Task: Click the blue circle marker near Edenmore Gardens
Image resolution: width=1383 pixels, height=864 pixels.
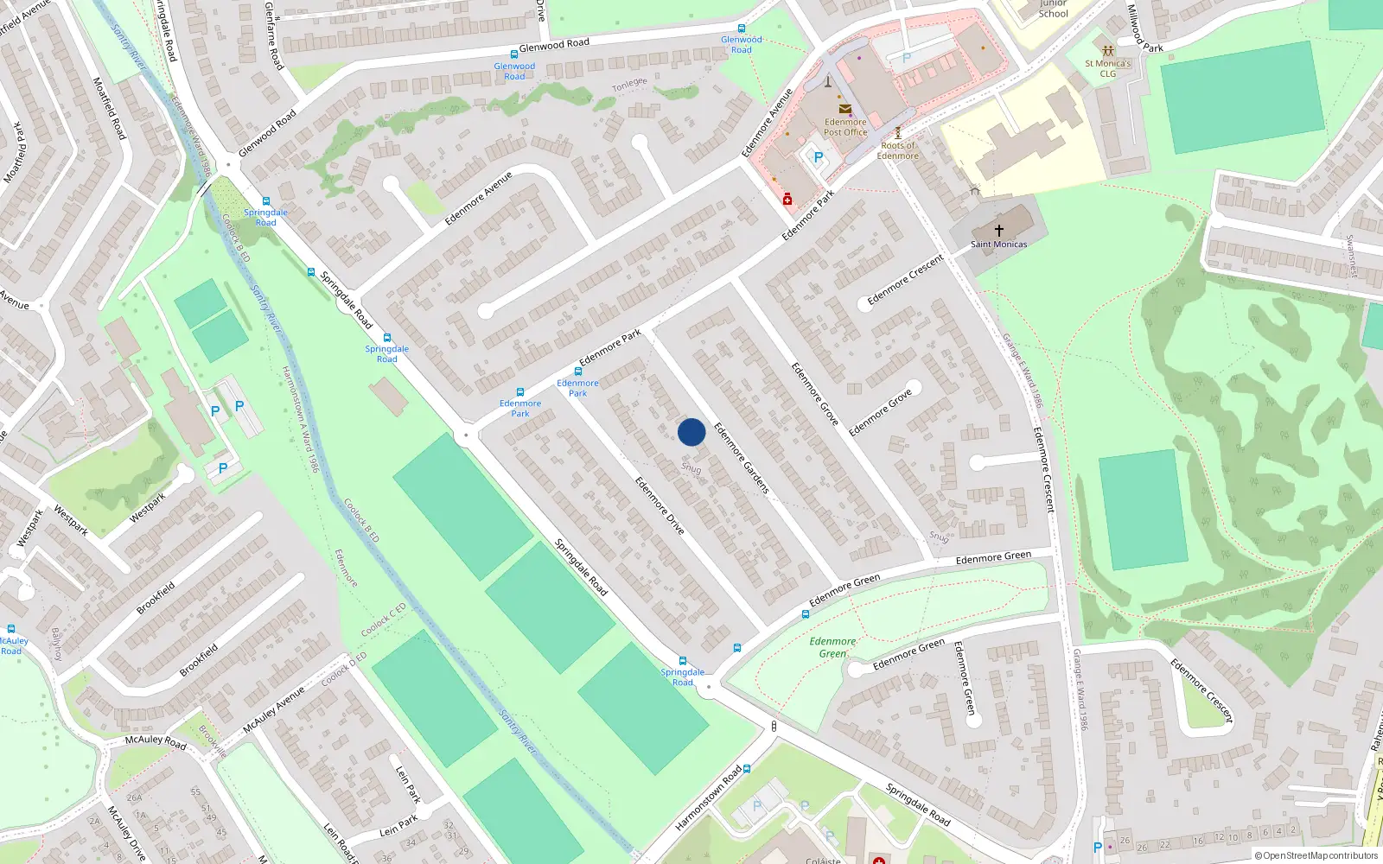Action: [x=691, y=432]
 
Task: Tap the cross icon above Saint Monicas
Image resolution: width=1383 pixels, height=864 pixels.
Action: [x=998, y=231]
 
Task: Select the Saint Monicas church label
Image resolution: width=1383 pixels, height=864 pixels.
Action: [x=998, y=245]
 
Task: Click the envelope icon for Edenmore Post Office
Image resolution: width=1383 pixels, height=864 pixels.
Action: [x=844, y=109]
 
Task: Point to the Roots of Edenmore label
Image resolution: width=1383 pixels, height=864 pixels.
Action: [x=897, y=150]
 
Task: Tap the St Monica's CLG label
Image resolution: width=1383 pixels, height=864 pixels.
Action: [x=1107, y=68]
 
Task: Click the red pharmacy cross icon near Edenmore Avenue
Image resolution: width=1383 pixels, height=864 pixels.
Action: [x=787, y=200]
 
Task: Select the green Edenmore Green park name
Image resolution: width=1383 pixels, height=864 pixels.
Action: [x=832, y=647]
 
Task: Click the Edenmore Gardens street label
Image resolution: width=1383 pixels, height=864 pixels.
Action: [x=741, y=458]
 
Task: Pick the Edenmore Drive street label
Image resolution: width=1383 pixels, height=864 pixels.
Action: [x=660, y=505]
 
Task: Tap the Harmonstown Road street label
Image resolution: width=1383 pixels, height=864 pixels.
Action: [x=708, y=797]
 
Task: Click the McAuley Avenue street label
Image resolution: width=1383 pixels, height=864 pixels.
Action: [x=273, y=710]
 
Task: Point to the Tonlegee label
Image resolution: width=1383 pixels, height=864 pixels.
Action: [x=629, y=85]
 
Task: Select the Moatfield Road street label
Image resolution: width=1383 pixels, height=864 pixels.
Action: [x=110, y=108]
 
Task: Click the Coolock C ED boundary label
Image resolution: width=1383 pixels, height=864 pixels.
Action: [x=383, y=620]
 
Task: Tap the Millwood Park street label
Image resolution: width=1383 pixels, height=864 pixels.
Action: [x=1144, y=28]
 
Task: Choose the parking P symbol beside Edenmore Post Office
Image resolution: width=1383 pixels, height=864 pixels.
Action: [x=818, y=158]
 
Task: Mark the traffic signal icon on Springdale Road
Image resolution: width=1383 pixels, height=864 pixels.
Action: [x=774, y=727]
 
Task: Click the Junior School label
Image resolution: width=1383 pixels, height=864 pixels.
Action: [x=1053, y=10]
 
